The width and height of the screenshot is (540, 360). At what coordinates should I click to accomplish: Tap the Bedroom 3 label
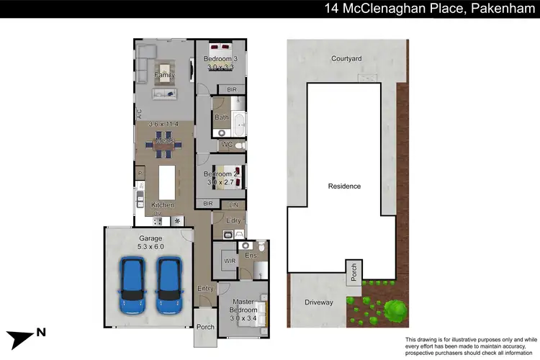(220, 58)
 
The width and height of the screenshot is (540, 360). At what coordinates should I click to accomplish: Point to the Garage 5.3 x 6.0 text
(150, 243)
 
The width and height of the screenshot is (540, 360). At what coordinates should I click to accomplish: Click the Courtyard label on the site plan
(346, 59)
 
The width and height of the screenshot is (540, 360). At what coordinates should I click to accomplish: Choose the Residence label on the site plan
(344, 186)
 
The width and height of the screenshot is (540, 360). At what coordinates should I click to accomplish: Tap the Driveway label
(318, 302)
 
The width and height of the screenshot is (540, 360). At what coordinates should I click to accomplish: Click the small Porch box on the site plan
(354, 272)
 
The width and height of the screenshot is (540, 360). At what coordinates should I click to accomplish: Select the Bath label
(221, 117)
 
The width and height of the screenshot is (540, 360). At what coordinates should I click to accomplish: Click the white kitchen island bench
(166, 183)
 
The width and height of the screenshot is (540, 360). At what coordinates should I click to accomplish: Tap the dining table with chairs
(163, 143)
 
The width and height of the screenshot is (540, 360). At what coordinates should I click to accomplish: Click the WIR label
(229, 261)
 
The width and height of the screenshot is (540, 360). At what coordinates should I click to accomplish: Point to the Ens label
(251, 255)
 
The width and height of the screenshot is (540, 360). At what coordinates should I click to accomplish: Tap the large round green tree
(394, 311)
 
